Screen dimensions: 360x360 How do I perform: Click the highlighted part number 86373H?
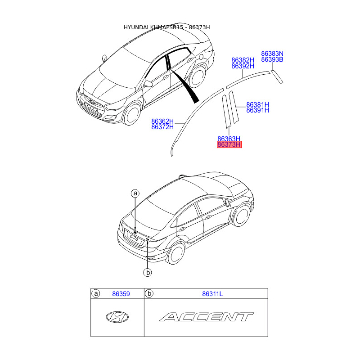(x=229, y=145)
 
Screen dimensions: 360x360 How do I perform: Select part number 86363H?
(x=229, y=139)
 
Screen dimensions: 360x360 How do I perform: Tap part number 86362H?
(x=162, y=121)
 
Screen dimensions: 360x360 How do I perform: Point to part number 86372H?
(x=162, y=127)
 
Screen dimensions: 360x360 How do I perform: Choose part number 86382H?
(x=243, y=60)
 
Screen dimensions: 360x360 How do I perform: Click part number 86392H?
(x=243, y=66)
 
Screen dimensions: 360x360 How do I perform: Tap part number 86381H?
(x=257, y=104)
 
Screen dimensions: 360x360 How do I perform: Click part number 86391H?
(x=257, y=111)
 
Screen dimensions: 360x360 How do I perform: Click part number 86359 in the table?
(x=121, y=294)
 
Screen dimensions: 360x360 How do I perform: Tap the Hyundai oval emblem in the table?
(x=117, y=317)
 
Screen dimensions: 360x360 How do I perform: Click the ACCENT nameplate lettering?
(x=206, y=317)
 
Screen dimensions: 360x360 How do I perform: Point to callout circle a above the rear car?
(x=135, y=193)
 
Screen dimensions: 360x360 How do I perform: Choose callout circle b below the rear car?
(x=147, y=272)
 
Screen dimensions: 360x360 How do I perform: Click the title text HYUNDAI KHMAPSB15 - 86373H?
(x=167, y=27)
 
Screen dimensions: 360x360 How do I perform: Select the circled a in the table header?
(x=96, y=294)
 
